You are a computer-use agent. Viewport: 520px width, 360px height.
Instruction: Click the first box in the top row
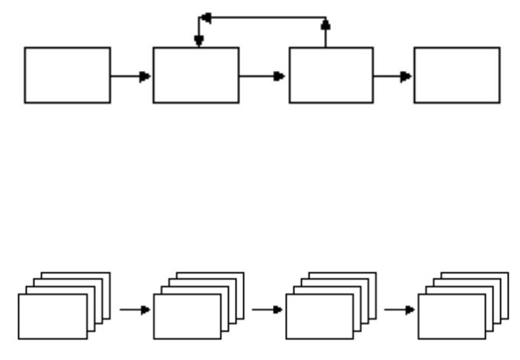67,75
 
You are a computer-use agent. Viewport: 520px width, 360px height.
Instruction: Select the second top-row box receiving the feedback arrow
196,75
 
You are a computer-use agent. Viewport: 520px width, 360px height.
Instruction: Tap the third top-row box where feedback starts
331,75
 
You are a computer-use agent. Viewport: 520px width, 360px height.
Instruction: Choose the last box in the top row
457,75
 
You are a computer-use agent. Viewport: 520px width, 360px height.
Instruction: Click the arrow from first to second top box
130,76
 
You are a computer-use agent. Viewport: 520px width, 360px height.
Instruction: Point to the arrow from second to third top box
263,76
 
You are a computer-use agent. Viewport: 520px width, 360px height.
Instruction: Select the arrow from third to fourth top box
393,76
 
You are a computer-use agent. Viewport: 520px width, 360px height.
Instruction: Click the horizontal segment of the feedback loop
263,18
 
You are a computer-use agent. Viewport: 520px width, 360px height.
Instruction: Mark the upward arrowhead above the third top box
326,24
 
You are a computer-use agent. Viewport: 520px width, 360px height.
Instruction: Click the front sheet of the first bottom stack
53,317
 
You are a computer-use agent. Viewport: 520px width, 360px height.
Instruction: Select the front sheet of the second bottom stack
187,317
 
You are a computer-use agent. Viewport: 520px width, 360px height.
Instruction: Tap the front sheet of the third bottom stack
319,317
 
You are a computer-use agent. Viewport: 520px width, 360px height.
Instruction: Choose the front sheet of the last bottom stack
451,317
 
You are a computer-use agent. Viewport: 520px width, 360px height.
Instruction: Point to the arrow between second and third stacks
268,310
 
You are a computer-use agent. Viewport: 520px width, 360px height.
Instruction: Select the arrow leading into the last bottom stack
400,310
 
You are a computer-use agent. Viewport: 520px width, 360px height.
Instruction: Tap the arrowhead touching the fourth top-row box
407,76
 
